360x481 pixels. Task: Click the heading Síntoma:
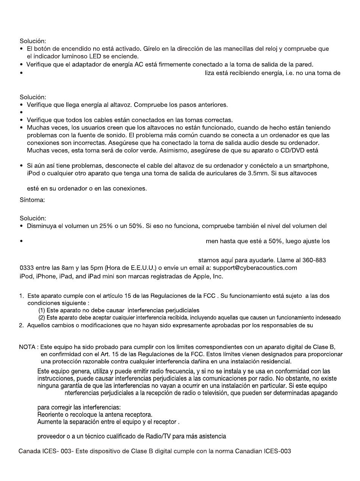[x=32, y=200]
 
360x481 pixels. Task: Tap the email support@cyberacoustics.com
[x=255, y=268]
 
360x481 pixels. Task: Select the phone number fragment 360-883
[x=314, y=260]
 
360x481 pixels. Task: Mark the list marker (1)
[x=42, y=310]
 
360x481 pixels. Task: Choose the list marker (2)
[x=42, y=318]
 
